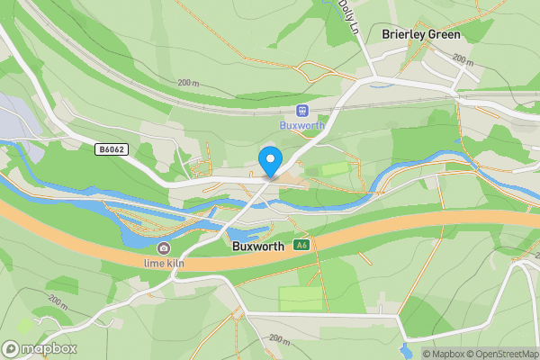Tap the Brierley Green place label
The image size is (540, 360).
pos(420,35)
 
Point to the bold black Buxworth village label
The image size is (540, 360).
pos(258,245)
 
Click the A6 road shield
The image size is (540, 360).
pos(306,245)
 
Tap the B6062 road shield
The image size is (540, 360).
pos(111,150)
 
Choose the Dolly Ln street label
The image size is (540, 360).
pos(346,16)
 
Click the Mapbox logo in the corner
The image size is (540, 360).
pos(40,348)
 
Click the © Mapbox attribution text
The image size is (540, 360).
pos(441,353)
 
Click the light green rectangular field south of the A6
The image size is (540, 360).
pos(300,298)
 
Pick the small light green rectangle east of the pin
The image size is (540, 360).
pos(334,168)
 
